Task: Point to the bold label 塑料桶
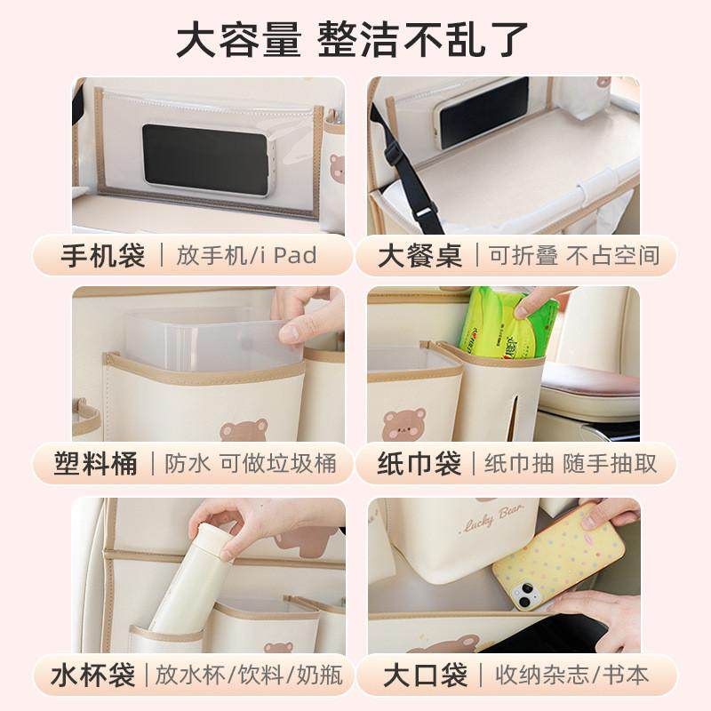(x=95, y=464)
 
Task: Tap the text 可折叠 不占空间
(x=573, y=256)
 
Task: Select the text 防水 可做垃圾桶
(x=244, y=464)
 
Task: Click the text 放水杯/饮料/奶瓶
(x=249, y=675)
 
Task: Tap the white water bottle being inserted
(x=192, y=578)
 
